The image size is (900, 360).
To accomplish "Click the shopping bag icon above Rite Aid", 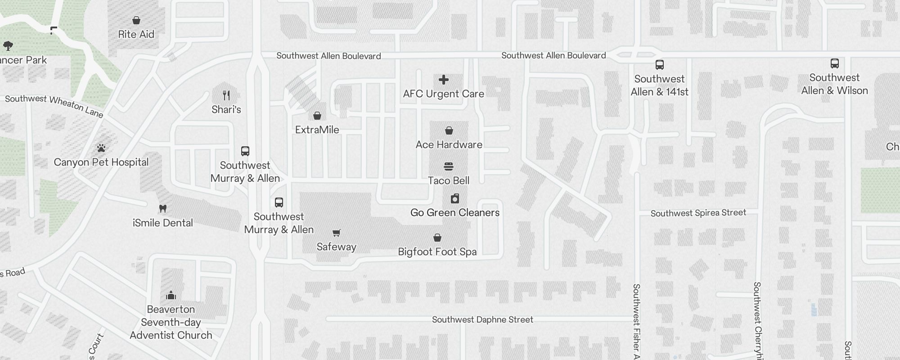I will [x=136, y=20].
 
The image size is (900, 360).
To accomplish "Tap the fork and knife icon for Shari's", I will [x=226, y=95].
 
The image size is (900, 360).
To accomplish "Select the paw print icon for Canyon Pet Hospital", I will [x=101, y=148].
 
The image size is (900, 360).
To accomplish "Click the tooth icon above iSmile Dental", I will [x=163, y=208].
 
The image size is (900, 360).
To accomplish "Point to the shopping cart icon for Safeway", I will [x=336, y=233].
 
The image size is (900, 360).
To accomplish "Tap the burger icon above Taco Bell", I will [x=449, y=166].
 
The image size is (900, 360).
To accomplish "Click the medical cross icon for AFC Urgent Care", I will [x=444, y=80].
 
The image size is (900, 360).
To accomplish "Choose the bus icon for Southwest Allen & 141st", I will [x=659, y=65].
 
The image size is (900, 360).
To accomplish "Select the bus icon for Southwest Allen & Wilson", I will [x=834, y=63].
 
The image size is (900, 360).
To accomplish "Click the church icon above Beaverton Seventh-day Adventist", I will [x=171, y=295].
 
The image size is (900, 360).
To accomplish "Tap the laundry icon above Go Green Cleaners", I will [x=455, y=198].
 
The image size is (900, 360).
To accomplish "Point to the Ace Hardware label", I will [x=449, y=144].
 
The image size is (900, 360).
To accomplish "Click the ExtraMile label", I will [x=317, y=130].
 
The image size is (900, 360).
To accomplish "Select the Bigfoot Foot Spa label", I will [x=437, y=252].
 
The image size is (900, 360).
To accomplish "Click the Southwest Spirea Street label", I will [x=698, y=213].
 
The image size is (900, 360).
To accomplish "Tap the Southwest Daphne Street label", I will [x=482, y=319].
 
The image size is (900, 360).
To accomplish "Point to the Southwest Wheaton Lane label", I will [x=54, y=106].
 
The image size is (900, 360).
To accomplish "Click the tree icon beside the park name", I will [x=8, y=45].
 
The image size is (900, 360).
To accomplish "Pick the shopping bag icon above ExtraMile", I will [x=317, y=116].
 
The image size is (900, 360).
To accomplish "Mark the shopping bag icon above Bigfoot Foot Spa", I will [x=437, y=238].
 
